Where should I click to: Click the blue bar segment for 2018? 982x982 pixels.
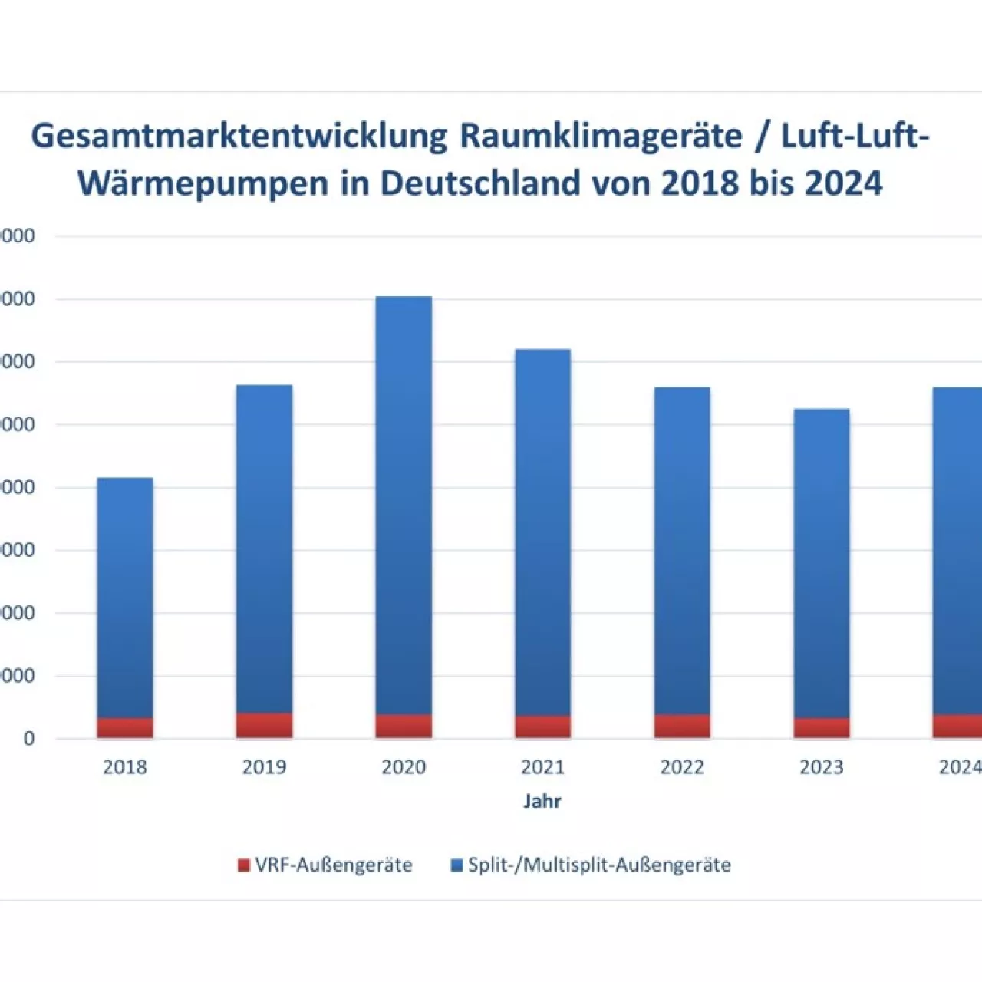pos(124,598)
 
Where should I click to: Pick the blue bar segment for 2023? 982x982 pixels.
pos(821,563)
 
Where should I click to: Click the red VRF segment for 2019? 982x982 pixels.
pos(264,725)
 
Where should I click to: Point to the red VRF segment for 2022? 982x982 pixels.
pos(682,726)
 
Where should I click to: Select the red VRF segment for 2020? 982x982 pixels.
pos(404,726)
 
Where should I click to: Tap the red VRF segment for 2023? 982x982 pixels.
pos(821,727)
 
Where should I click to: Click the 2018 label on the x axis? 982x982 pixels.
pos(124,766)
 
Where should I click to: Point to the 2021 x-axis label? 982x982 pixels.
pos(542,766)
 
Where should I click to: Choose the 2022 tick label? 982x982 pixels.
pos(682,766)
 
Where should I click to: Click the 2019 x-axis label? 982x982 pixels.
pos(264,766)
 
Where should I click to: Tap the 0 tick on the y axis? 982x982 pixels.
pos(29,739)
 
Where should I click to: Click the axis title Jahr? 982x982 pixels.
pos(542,801)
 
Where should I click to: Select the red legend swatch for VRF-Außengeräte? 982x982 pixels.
pos(244,865)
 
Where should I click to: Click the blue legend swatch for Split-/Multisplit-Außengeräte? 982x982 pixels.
pos(457,865)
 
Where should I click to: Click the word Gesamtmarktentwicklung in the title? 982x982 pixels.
pos(239,137)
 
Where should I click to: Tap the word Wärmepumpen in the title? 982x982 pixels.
pos(203,183)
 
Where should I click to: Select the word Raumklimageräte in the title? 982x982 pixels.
pos(601,137)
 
